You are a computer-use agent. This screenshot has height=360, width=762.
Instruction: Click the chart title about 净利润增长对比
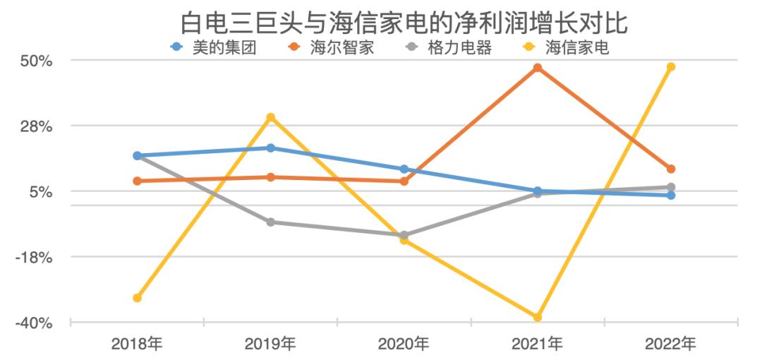point(404,23)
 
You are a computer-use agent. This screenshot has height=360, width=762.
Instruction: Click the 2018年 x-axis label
point(137,344)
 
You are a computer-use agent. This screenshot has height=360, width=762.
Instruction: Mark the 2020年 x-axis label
point(404,344)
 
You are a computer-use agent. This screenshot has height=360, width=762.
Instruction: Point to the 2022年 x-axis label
point(670,344)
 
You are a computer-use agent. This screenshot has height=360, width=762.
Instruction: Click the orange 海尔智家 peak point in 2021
point(538,68)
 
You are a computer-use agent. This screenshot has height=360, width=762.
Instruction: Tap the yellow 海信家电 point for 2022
point(671,67)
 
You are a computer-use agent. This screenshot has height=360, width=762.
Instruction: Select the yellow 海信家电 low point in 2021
point(538,318)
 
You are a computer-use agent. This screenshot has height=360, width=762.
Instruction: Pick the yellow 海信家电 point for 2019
point(271,117)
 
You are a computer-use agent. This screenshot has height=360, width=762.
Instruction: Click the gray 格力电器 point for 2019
point(271,222)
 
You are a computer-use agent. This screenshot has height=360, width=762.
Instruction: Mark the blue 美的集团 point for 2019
point(271,148)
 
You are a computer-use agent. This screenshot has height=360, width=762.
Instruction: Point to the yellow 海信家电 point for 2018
point(138,298)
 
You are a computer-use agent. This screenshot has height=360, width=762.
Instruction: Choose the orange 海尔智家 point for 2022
point(671,169)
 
